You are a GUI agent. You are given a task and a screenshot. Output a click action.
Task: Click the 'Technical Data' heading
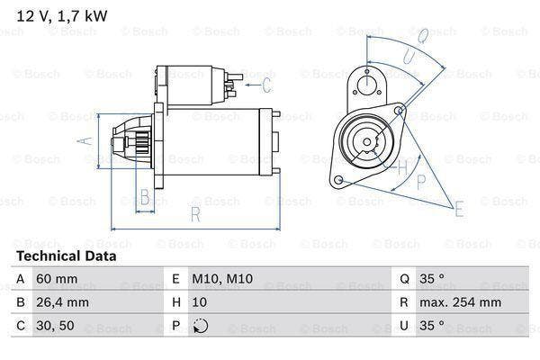pos(66,256)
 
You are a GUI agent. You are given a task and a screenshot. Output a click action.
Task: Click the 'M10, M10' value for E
pos(215,279)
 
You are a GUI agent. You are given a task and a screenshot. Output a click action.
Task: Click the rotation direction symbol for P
pos(200,326)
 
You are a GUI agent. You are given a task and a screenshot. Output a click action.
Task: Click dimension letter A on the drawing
pos(85,140)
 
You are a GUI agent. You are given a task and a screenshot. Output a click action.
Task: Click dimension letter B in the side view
pos(144,197)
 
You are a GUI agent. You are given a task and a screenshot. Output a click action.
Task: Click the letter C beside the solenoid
pos(266,86)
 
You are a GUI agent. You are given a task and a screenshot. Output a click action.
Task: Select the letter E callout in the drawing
pos(459,211)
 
